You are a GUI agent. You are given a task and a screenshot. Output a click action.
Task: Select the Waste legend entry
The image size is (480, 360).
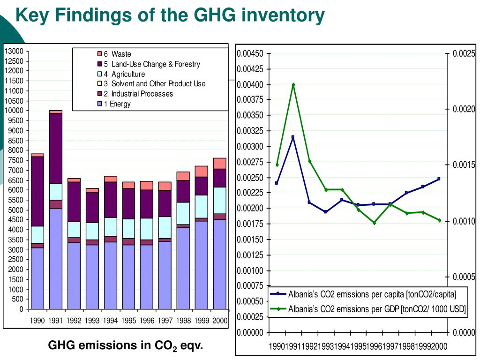(114, 54)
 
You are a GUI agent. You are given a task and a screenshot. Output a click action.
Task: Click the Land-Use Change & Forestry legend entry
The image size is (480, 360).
(149, 64)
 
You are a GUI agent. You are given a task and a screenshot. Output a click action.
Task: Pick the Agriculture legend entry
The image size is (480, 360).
(121, 74)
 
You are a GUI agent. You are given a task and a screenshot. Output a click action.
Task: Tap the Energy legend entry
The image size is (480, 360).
(114, 104)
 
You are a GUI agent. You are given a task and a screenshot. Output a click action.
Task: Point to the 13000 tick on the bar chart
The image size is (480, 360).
(14, 51)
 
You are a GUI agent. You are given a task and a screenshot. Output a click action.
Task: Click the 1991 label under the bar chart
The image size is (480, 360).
(55, 321)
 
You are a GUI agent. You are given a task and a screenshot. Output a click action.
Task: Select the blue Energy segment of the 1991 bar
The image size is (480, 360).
(56, 259)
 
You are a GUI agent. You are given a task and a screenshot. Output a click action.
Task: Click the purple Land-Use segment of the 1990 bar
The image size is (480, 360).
(37, 191)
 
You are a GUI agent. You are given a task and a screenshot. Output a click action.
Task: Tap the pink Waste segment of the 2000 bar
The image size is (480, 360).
(220, 164)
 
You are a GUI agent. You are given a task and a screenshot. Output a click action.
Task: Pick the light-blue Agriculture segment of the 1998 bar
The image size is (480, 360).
(183, 213)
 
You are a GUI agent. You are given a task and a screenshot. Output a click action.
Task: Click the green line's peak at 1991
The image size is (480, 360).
(293, 84)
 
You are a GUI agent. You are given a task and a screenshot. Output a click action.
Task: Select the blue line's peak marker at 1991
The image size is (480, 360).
(292, 137)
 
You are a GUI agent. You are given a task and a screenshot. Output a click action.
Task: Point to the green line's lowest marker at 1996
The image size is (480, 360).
(374, 223)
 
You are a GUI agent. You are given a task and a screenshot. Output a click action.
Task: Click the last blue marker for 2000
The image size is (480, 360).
(439, 179)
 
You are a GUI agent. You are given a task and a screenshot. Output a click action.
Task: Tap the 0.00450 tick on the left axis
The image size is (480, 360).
(250, 54)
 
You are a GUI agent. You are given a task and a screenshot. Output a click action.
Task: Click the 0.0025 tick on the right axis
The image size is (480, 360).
(464, 53)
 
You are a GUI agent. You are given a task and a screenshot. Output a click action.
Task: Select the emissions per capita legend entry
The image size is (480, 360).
(363, 294)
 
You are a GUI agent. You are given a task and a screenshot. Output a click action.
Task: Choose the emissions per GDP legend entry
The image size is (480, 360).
(368, 309)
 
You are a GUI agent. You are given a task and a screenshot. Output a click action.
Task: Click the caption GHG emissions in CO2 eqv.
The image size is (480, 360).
(126, 346)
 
